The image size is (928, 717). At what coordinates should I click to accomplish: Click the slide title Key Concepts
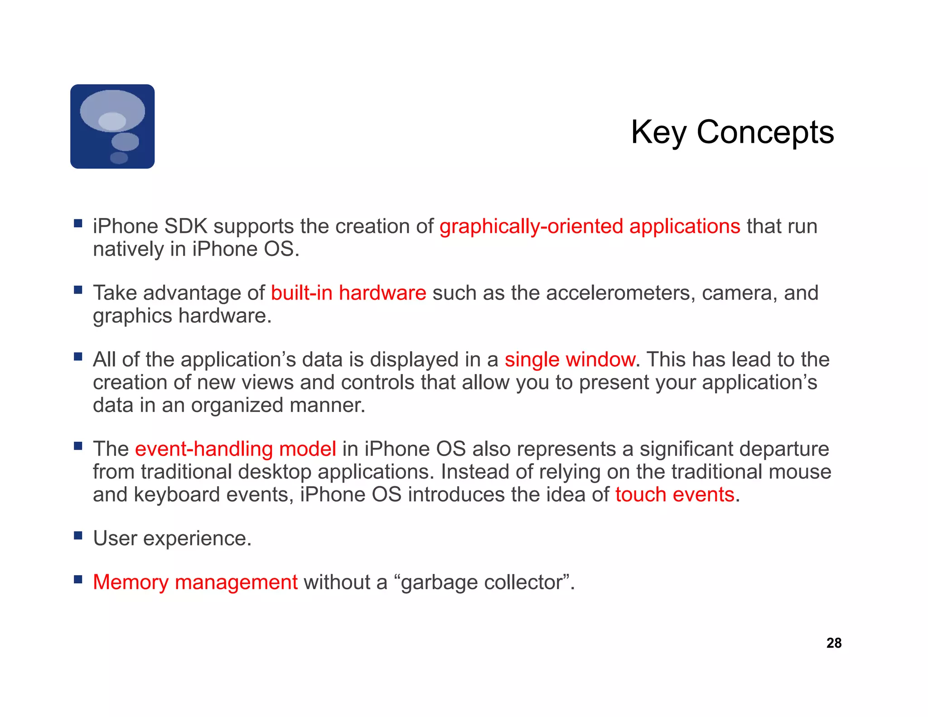(x=732, y=132)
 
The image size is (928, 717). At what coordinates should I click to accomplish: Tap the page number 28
(x=834, y=643)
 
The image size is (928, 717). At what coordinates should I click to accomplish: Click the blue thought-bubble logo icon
(x=112, y=126)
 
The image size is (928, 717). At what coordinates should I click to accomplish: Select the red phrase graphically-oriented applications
(x=590, y=226)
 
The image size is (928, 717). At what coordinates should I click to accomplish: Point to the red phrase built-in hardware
(x=348, y=293)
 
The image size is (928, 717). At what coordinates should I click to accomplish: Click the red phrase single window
(x=570, y=359)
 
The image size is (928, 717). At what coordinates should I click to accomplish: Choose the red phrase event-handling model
(x=236, y=449)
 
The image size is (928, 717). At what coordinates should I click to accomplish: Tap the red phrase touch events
(x=675, y=494)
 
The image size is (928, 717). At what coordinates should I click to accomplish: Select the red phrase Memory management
(x=195, y=582)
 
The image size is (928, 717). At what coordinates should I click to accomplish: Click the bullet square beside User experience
(x=78, y=536)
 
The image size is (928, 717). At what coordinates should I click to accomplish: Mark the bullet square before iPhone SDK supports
(x=78, y=223)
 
